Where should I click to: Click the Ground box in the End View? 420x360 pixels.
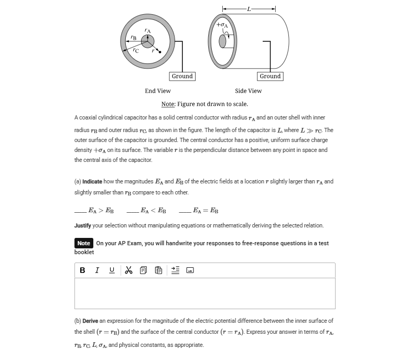click(x=182, y=77)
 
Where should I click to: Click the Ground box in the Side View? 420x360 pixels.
click(x=270, y=77)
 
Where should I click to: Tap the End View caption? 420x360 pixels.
click(x=158, y=91)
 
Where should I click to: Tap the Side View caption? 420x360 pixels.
click(x=248, y=91)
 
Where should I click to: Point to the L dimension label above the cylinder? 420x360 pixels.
click(x=249, y=9)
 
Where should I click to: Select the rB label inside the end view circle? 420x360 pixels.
click(x=133, y=38)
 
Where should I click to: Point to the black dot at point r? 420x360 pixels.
click(x=160, y=52)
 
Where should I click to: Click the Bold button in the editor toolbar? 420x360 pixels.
click(x=82, y=270)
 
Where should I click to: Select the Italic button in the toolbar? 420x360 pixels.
click(x=97, y=270)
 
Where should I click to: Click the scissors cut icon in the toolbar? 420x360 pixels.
click(x=128, y=270)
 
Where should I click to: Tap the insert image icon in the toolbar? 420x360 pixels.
click(x=190, y=270)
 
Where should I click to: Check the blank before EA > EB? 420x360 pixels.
click(x=80, y=211)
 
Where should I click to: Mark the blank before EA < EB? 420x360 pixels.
click(x=132, y=211)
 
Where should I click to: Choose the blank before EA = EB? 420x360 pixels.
click(x=185, y=211)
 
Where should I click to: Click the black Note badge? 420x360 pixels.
click(x=84, y=243)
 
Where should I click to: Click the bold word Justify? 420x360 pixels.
click(x=83, y=226)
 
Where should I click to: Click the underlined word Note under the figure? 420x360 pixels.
click(x=168, y=104)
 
